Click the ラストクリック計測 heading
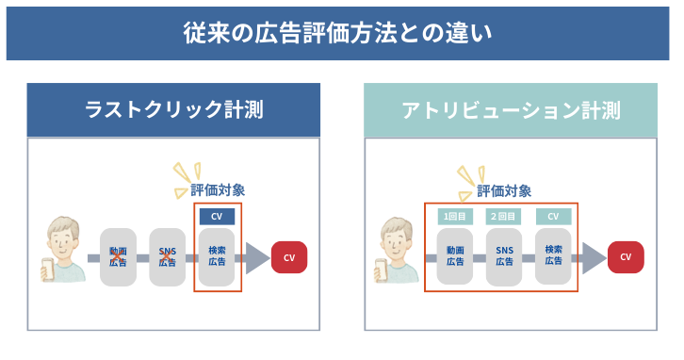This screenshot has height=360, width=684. click(x=173, y=110)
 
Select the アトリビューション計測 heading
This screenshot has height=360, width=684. click(x=511, y=110)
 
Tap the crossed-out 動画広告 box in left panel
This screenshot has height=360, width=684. click(x=119, y=256)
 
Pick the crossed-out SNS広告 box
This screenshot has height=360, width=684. click(x=168, y=256)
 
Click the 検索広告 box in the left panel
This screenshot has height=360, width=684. click(x=217, y=256)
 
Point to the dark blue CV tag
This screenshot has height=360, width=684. click(x=217, y=216)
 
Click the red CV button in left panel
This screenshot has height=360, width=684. click(x=289, y=256)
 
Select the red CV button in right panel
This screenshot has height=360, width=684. click(x=626, y=256)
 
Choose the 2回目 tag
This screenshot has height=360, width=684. click(x=504, y=216)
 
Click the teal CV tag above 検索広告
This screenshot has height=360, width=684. click(x=553, y=216)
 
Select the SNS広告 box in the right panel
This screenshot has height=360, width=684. click(x=504, y=256)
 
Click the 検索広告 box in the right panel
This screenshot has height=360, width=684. click(x=553, y=256)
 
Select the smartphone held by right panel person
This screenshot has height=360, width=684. click(x=383, y=269)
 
